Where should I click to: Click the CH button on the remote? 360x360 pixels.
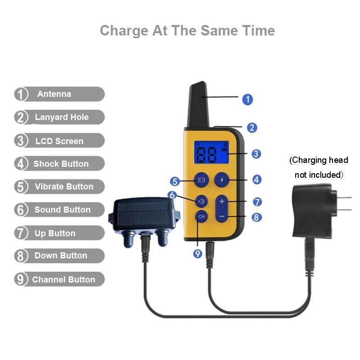(x=201, y=216)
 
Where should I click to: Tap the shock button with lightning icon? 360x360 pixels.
(x=221, y=180)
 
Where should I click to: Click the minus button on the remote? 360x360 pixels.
(x=222, y=216)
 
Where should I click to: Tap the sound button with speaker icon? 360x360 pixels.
(x=201, y=201)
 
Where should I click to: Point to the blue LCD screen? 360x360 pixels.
(x=211, y=153)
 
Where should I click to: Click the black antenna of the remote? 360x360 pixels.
(x=198, y=104)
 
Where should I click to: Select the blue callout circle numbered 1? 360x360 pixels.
(x=247, y=99)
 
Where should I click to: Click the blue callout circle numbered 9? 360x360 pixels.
(x=198, y=254)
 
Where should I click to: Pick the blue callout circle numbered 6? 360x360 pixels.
(x=172, y=195)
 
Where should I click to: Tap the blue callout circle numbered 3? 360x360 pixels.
(x=256, y=154)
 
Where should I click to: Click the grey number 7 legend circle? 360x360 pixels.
(x=21, y=233)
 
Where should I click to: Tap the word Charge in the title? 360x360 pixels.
(x=124, y=31)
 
